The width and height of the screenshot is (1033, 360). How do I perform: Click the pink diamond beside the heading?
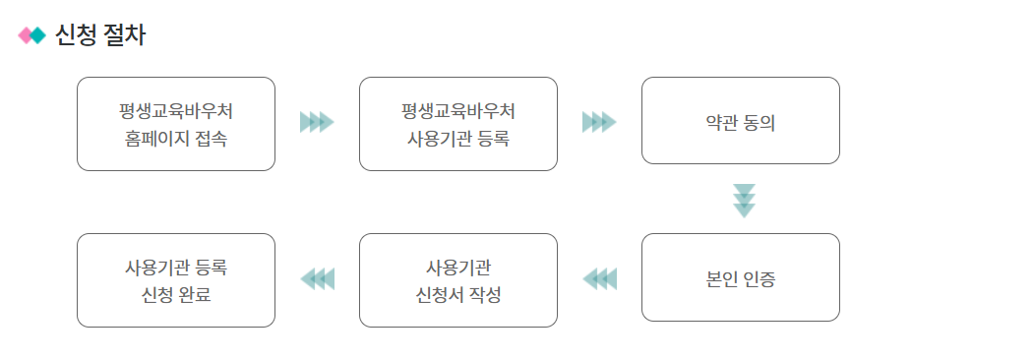coord(26,36)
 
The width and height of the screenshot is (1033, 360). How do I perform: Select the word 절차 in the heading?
coord(124,36)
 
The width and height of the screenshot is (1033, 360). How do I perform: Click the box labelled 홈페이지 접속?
coord(176,124)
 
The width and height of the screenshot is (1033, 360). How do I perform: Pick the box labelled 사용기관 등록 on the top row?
coord(458,124)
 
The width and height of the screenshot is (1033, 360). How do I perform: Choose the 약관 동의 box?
coord(741,120)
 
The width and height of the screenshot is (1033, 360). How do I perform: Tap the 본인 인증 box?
coord(741,277)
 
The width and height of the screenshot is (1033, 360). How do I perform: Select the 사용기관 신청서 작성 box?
coord(458,280)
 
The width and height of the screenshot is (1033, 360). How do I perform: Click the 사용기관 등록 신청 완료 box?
coord(176,280)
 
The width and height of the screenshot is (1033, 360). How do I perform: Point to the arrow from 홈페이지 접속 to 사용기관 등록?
coord(317,122)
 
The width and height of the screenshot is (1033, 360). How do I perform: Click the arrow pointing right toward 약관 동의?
coord(599,122)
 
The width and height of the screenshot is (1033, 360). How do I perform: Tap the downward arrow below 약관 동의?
coord(745,201)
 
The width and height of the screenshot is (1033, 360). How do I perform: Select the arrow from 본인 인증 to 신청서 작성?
coord(599,279)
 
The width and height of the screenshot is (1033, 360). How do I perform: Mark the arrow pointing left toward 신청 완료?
coord(317,279)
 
